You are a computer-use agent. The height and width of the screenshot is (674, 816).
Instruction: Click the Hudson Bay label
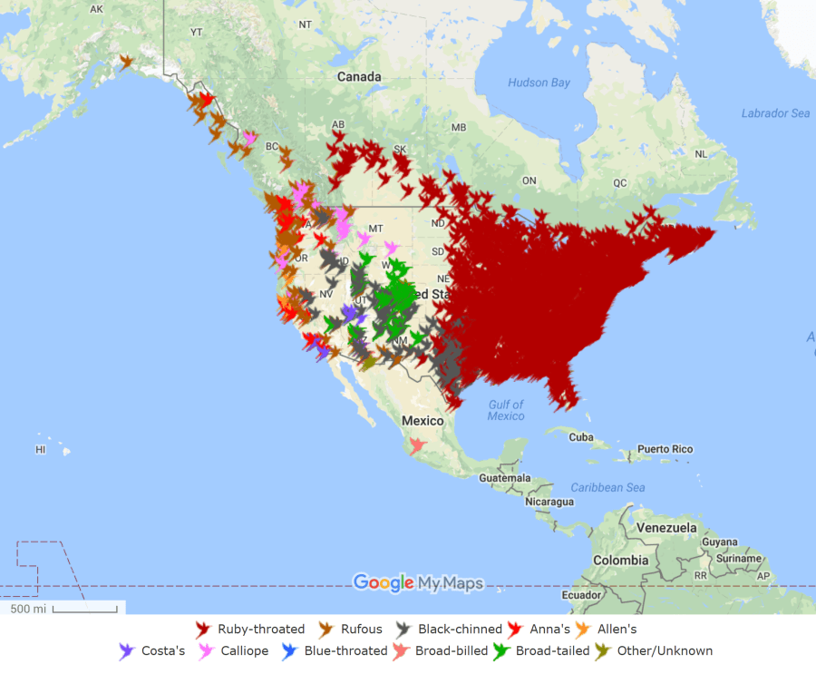point(539,83)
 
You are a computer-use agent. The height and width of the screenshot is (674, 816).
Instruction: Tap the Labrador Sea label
point(775,113)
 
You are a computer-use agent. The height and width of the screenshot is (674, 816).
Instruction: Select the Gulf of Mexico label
point(505,410)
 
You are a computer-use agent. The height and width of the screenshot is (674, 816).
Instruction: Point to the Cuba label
point(580,437)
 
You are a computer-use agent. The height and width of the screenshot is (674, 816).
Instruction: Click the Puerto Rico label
point(665,449)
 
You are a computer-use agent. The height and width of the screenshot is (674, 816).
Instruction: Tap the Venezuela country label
point(665,527)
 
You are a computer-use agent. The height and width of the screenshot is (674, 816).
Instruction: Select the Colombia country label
point(620,561)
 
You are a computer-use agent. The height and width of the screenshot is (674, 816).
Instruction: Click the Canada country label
point(359,77)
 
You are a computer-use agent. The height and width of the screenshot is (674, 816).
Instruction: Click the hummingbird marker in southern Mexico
point(416,445)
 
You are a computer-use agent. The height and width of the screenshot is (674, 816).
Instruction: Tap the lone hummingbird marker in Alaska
point(127,62)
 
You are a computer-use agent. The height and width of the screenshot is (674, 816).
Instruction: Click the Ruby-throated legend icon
point(203,629)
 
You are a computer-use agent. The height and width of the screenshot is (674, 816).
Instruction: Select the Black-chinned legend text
point(460,629)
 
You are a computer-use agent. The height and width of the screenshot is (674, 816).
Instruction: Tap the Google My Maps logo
point(418,582)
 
